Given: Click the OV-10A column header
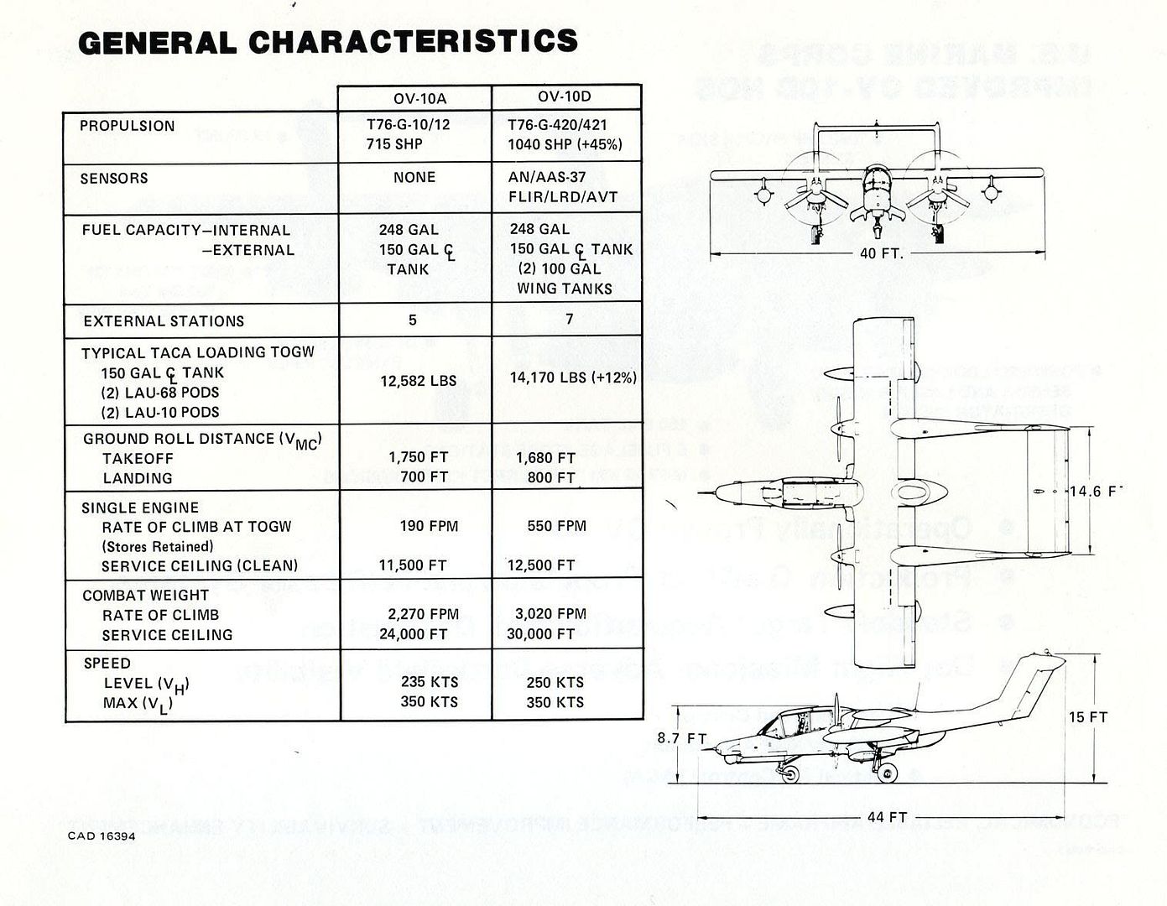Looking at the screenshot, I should tap(414, 98).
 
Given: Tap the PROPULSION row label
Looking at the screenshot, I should tap(128, 126).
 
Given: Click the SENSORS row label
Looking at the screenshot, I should tap(114, 179).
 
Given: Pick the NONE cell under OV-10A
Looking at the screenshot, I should tap(414, 178).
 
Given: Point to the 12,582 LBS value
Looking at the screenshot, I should tap(419, 381).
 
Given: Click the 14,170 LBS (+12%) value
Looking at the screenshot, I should tap(573, 378).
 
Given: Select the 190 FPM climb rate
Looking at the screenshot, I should tap(429, 526).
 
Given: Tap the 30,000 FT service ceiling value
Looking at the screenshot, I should tap(540, 634).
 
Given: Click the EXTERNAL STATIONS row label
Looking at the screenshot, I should tap(164, 321).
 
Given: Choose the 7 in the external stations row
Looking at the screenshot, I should tap(570, 320).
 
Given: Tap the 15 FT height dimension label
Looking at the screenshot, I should tap(1087, 717).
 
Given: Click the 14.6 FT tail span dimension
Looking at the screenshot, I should tap(1094, 491).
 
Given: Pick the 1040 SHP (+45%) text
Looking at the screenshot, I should tap(565, 144).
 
